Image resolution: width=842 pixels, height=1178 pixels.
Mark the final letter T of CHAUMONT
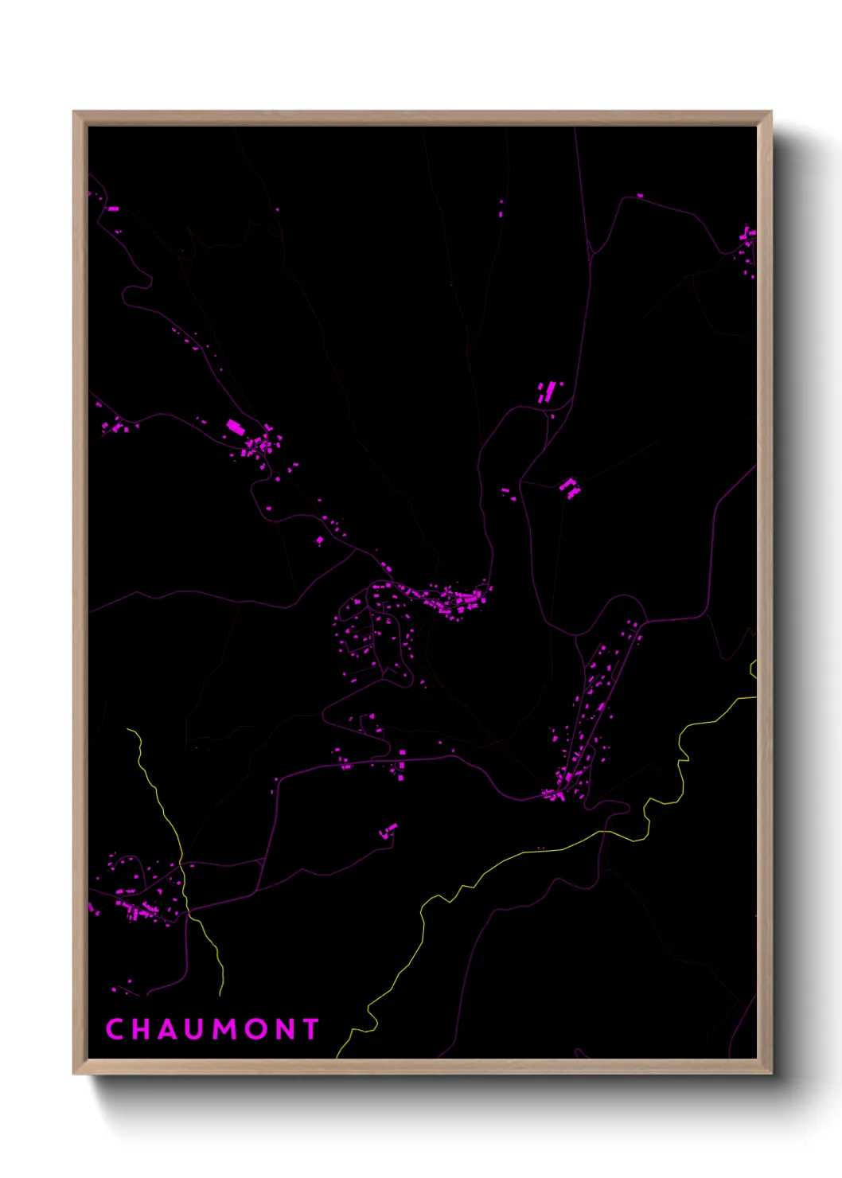point(310,1029)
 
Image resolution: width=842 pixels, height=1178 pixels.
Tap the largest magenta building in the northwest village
point(235,427)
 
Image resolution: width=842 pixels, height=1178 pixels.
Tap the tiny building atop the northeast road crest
point(640,195)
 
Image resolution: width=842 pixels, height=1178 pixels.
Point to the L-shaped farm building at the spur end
point(570,488)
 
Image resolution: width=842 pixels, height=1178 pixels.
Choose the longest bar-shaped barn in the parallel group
point(549,391)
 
